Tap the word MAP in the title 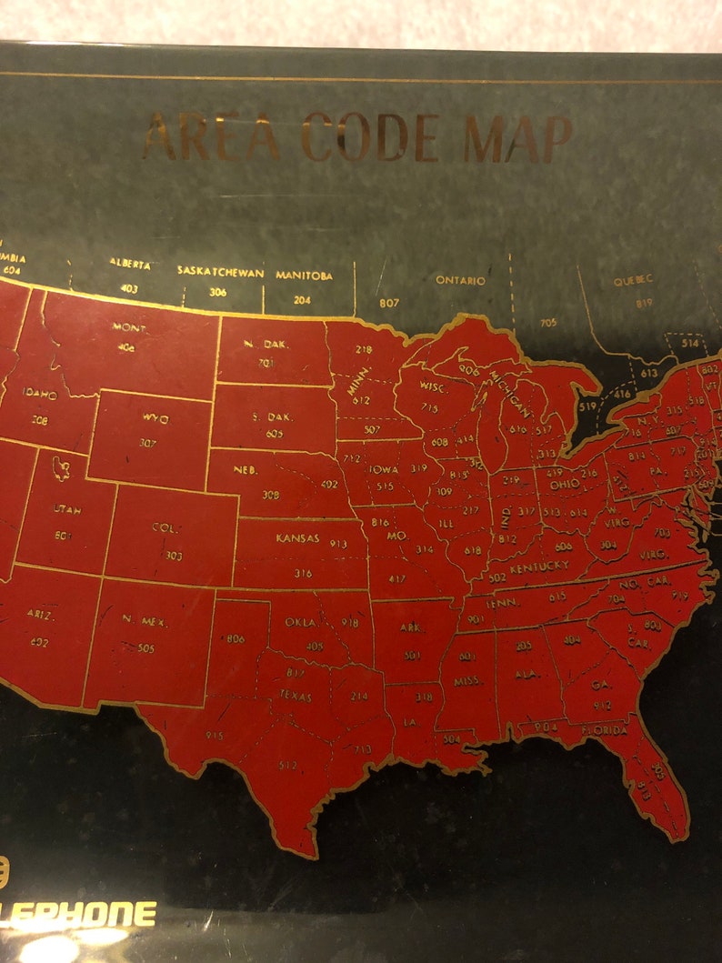517,138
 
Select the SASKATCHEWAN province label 220,272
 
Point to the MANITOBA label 304,275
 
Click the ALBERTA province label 130,263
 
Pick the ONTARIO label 460,280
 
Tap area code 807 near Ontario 389,302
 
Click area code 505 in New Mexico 145,648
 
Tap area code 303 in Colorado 174,555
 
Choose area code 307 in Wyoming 147,444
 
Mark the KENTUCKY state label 539,567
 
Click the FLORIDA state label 604,730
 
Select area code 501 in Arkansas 412,655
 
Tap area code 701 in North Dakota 266,364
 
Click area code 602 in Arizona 39,642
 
